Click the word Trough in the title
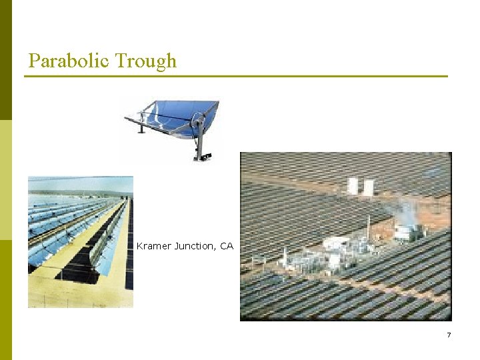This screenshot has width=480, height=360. (x=146, y=61)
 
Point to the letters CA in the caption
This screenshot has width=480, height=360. (x=227, y=246)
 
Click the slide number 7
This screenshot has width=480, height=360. (x=449, y=335)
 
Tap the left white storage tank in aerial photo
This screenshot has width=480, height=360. (x=353, y=186)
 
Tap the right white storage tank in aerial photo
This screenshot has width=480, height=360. (x=367, y=187)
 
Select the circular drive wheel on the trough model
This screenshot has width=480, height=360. (x=197, y=121)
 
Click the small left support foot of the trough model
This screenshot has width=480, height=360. (x=141, y=127)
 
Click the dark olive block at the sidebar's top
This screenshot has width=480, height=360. (x=6, y=60)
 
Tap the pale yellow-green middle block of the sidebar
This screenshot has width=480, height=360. (x=6, y=180)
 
